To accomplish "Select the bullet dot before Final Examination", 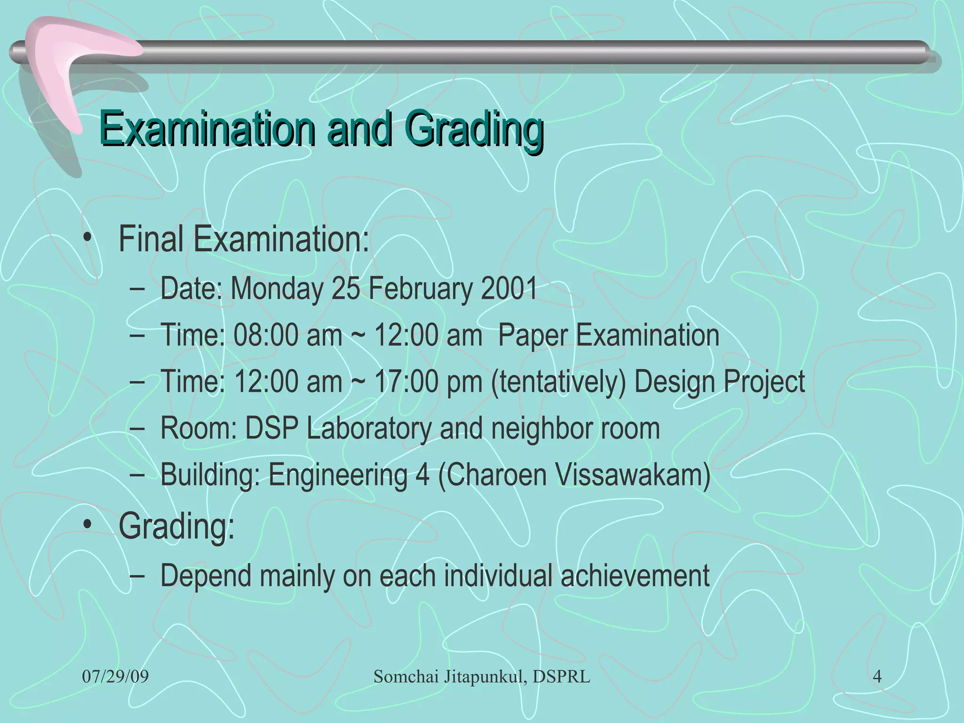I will click(x=87, y=238).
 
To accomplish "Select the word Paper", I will click(x=532, y=335).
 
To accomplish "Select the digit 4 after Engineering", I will click(x=422, y=474).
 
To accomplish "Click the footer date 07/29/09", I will click(x=115, y=677).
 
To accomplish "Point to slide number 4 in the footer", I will click(x=877, y=677).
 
